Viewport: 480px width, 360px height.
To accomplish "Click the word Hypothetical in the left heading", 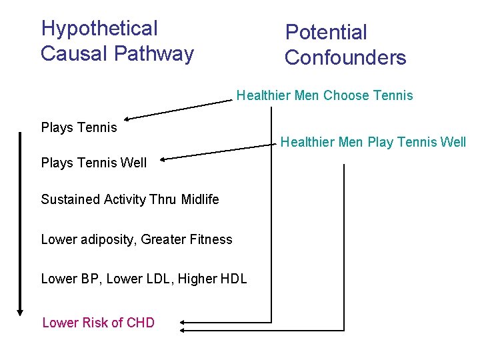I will pyautogui.click(x=99, y=29).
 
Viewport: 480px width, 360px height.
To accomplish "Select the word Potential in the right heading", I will pyautogui.click(x=326, y=32).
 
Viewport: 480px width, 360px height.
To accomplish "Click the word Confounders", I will pyautogui.click(x=345, y=58).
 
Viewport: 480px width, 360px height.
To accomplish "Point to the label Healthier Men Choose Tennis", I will pyautogui.click(x=325, y=96).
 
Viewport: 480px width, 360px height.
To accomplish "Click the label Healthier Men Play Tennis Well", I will pyautogui.click(x=373, y=142).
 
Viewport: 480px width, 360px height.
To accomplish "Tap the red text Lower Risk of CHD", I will pyautogui.click(x=98, y=323).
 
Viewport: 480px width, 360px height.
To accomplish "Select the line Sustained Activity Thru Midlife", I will pyautogui.click(x=130, y=199).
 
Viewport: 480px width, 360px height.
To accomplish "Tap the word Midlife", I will pyautogui.click(x=199, y=199).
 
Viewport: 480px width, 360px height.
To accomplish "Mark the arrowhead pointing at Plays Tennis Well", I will pyautogui.click(x=162, y=159).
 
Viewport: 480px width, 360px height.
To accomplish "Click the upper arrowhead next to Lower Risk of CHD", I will pyautogui.click(x=182, y=321).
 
